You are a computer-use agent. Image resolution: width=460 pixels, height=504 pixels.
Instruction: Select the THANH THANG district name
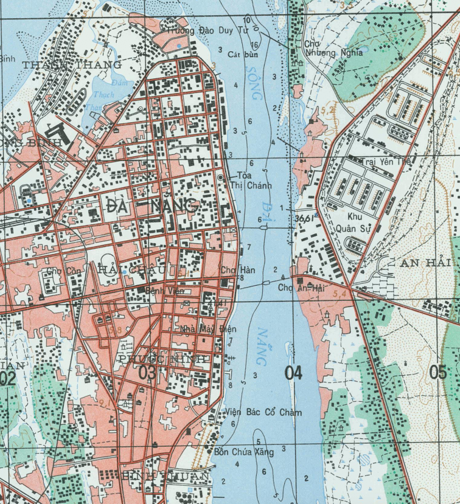tap(72, 64)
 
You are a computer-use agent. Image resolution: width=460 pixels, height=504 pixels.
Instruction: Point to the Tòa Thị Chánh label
tap(250, 181)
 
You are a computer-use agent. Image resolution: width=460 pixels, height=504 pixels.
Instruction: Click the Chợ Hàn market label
tap(238, 270)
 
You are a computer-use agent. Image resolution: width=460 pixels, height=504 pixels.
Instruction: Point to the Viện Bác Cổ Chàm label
tap(263, 412)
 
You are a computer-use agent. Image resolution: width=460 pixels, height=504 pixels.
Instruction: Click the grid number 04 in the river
tap(293, 373)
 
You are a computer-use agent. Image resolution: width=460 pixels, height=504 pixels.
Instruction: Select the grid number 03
tap(147, 373)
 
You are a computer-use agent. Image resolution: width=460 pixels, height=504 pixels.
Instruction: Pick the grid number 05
tap(438, 373)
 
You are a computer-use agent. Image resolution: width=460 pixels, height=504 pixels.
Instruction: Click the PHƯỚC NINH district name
tap(163, 359)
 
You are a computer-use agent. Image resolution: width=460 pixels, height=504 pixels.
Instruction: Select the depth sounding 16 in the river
tap(254, 45)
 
